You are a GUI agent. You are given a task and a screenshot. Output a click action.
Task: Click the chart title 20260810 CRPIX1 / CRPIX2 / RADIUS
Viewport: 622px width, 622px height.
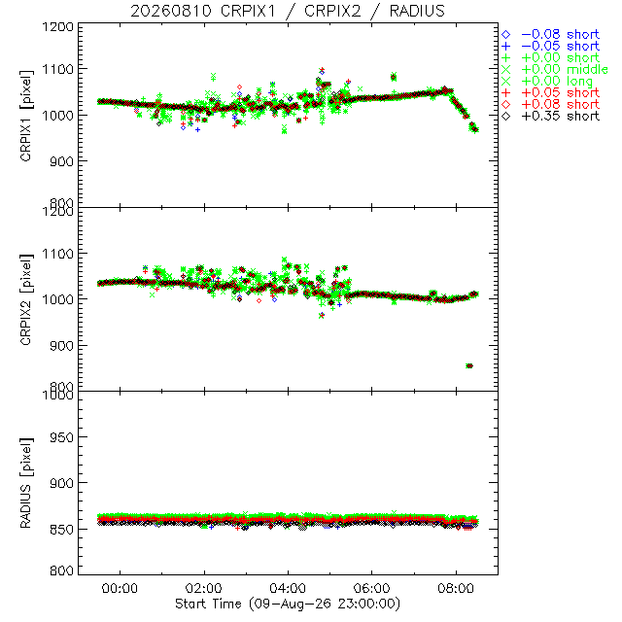[288, 11]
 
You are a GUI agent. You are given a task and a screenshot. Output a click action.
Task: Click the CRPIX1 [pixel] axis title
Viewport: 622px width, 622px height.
[26, 116]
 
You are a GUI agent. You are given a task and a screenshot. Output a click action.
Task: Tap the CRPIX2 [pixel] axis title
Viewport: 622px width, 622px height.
[26, 299]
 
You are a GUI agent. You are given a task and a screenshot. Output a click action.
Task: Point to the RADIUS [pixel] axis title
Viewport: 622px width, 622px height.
[26, 483]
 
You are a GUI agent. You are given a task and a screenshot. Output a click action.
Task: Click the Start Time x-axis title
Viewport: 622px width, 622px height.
[288, 604]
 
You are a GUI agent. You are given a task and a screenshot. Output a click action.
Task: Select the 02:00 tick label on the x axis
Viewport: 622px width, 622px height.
[204, 588]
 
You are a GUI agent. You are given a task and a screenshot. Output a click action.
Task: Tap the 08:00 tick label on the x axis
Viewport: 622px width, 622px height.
[456, 588]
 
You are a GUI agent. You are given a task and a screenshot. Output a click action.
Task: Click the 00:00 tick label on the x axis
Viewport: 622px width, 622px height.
[120, 588]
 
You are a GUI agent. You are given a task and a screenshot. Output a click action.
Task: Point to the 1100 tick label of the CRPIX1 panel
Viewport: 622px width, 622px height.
[58, 69]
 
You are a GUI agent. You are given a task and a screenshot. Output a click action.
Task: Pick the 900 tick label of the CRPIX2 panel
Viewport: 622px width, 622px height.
[62, 346]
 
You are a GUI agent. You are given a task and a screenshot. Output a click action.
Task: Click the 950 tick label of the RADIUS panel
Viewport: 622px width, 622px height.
[62, 437]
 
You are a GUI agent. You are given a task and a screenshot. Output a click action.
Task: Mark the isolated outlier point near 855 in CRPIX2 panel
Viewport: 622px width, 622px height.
[469, 365]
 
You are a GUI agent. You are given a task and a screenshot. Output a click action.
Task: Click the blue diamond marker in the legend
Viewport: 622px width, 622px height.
[506, 35]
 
